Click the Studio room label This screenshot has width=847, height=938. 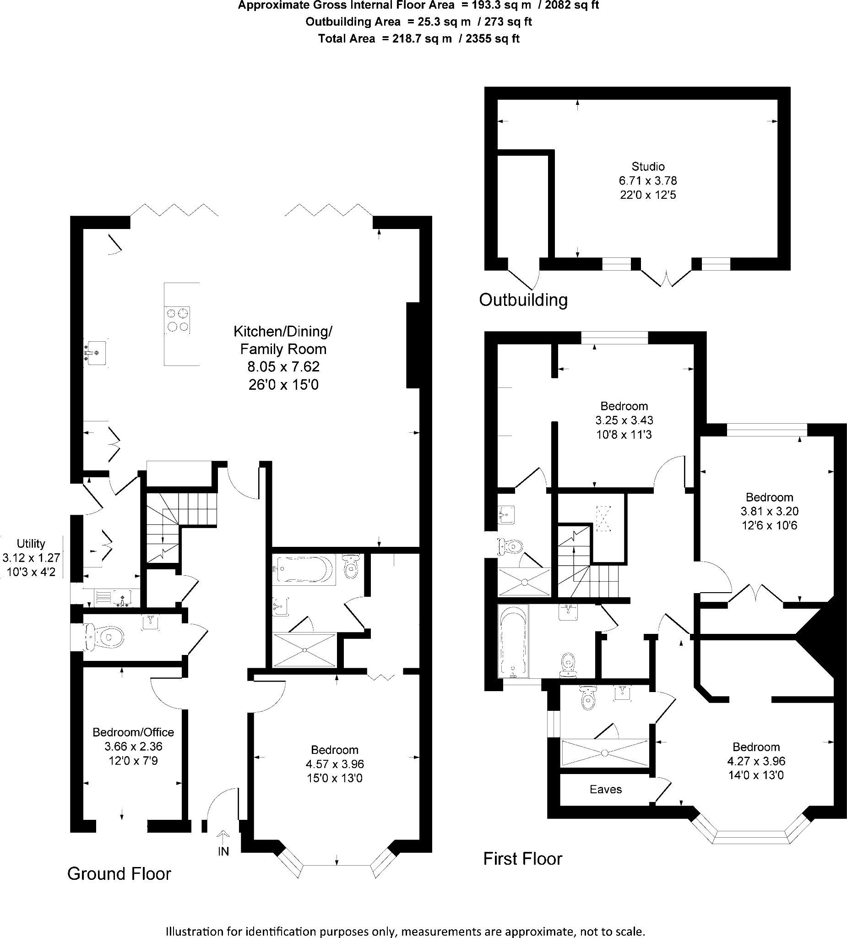coord(648,167)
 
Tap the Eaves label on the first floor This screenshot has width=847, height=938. coord(606,789)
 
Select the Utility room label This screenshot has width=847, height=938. coord(31,544)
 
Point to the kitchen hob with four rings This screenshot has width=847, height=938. coord(178,320)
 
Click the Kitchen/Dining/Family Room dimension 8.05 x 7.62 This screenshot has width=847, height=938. coord(283,367)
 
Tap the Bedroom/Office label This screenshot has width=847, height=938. coord(133,732)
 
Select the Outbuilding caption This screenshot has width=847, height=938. coord(523,300)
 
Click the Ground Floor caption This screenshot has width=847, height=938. coord(119,874)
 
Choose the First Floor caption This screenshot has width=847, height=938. coord(523,858)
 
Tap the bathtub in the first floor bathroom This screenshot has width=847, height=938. coord(513,641)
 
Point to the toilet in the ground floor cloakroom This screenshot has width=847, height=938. coord(105,636)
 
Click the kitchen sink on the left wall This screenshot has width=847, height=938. coord(96,353)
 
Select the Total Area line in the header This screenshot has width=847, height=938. coord(418,38)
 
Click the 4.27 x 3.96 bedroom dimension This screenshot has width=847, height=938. coord(756,761)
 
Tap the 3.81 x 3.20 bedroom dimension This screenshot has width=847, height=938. coord(769,511)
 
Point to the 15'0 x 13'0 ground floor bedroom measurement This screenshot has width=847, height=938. coord(334,778)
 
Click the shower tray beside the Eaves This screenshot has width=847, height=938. coord(605,753)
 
